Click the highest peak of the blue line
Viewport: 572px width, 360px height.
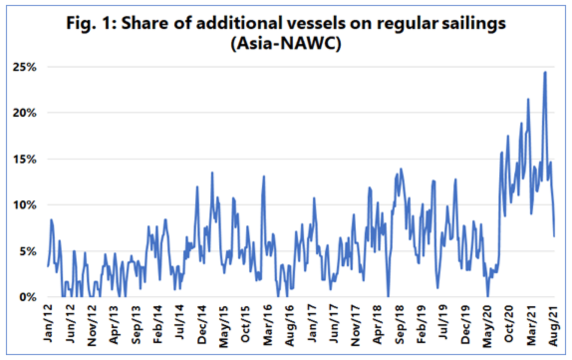pos(545,72)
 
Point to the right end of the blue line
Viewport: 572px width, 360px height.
pos(555,236)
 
